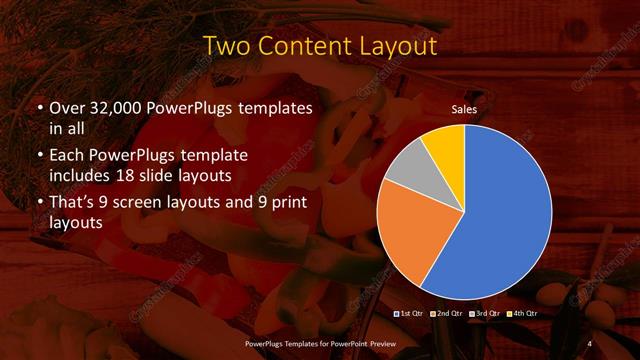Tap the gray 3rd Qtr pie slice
click(x=406, y=169)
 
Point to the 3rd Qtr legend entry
click(x=484, y=315)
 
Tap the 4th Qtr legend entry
click(x=522, y=315)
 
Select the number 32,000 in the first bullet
click(x=118, y=108)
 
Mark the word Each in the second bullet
click(x=69, y=156)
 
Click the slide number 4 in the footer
click(x=589, y=343)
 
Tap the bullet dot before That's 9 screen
click(x=39, y=205)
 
